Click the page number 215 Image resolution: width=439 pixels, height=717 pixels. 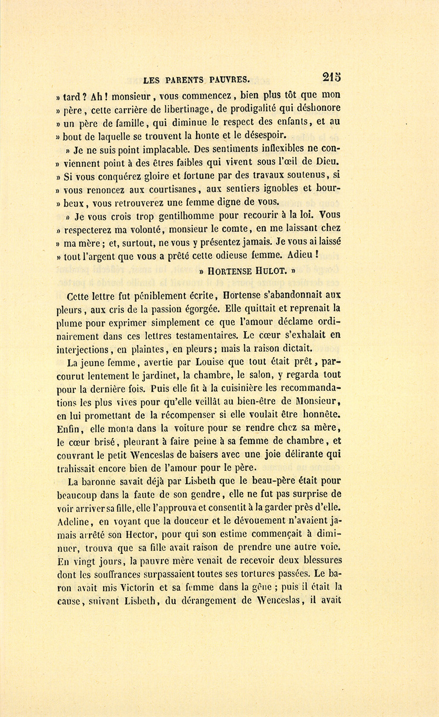pos(331,77)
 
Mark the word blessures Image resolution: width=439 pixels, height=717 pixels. pos(317,560)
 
